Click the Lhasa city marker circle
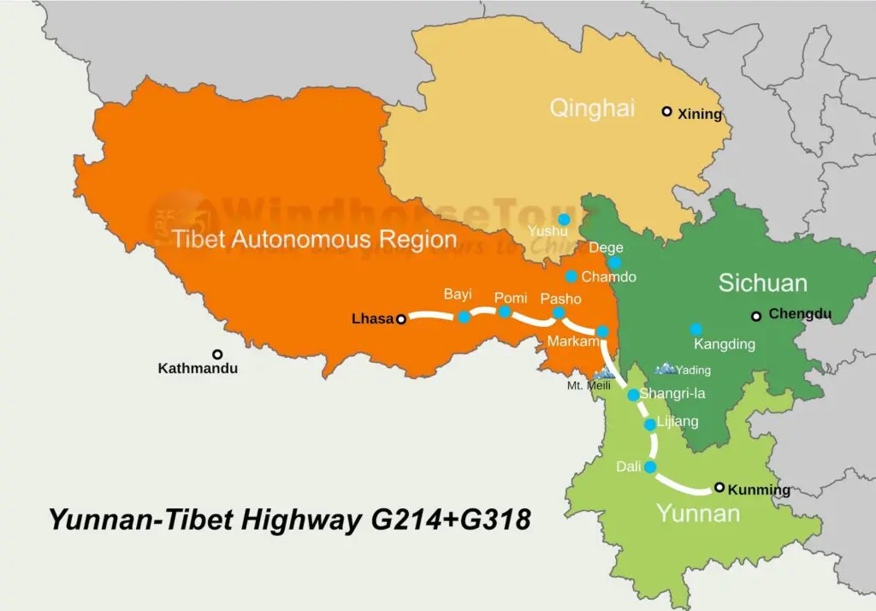pos(400,319)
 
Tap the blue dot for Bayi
pos(463,317)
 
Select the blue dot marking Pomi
pos(505,311)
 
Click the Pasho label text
pos(560,299)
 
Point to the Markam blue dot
pos(602,331)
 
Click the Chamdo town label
pos(608,277)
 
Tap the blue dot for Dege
pos(614,263)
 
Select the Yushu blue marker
pos(563,220)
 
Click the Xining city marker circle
pos(666,111)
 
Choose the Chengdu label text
pos(800,314)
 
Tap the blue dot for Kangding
pos(696,329)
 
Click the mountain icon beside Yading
pos(665,369)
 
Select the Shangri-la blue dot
pos(633,394)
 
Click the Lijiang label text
pos(678,421)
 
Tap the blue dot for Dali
pos(649,467)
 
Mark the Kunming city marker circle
pos(719,488)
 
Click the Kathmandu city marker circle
pos(217,354)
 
